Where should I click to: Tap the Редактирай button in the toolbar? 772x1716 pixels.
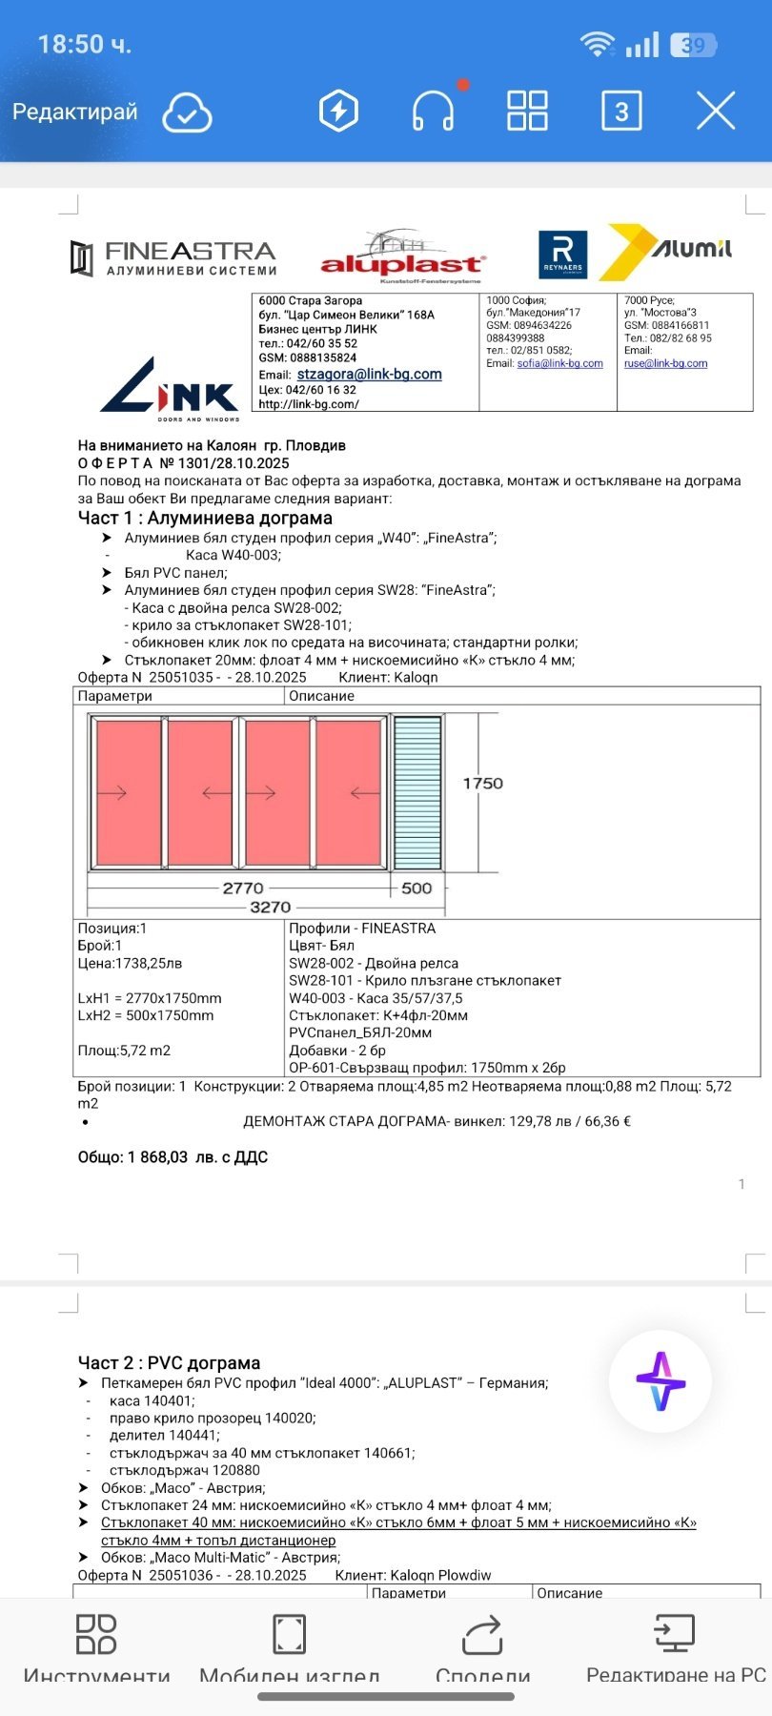click(x=74, y=112)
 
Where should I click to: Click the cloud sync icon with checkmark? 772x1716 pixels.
click(x=187, y=112)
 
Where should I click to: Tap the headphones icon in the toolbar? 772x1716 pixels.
click(x=433, y=111)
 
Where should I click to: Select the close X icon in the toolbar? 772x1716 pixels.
click(x=716, y=111)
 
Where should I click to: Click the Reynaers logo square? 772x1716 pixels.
click(x=562, y=255)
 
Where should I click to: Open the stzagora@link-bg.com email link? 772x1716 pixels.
click(x=369, y=375)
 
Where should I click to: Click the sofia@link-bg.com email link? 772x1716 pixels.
click(x=559, y=363)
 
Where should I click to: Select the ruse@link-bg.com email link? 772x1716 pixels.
click(x=665, y=363)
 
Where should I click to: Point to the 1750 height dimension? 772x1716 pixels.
click(x=482, y=784)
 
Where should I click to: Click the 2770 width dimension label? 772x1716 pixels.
click(x=243, y=888)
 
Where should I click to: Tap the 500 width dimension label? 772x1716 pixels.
click(x=416, y=888)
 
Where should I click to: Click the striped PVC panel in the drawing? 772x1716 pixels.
click(x=417, y=792)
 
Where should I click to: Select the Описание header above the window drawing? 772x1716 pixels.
click(x=321, y=696)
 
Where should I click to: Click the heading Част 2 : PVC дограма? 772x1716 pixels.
click(x=169, y=1363)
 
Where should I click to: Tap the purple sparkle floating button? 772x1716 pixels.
click(x=660, y=1381)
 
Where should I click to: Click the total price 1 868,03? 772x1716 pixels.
click(x=157, y=1157)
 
